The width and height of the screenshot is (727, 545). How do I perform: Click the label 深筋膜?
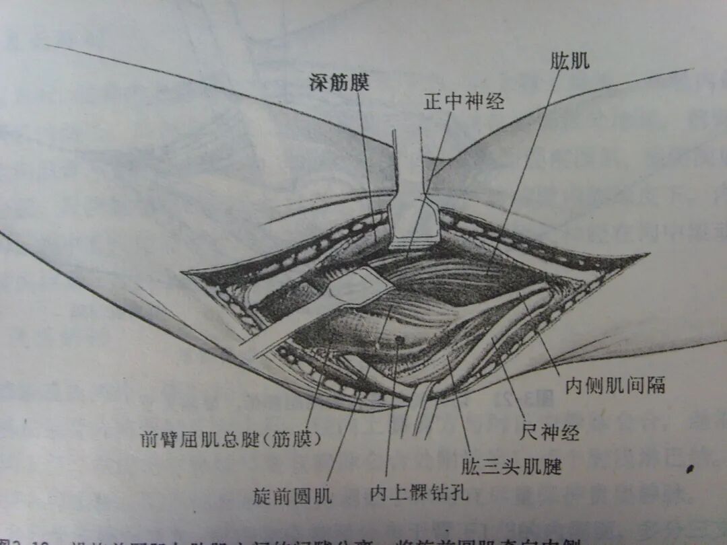pyautogui.click(x=340, y=83)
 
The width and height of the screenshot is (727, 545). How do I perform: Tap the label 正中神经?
pyautogui.click(x=464, y=102)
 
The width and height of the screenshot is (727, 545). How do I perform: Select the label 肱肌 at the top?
pyautogui.click(x=569, y=61)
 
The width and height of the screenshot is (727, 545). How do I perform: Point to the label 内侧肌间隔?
pyautogui.click(x=615, y=386)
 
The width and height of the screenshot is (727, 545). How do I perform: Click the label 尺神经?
pyautogui.click(x=550, y=431)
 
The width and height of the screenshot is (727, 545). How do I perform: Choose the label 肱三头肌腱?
pyautogui.click(x=511, y=465)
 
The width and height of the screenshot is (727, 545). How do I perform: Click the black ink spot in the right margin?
pyautogui.click(x=690, y=469)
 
